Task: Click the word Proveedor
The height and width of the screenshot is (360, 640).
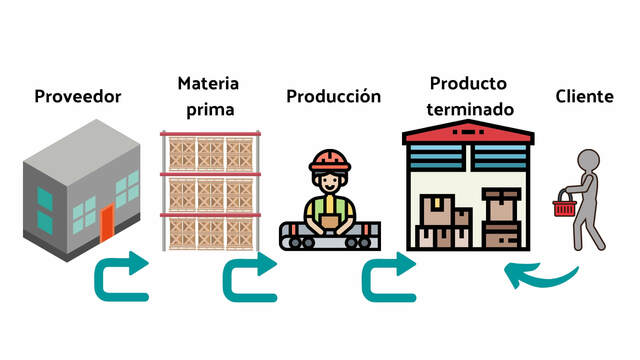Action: click(78, 97)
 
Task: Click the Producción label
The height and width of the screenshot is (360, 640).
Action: click(334, 96)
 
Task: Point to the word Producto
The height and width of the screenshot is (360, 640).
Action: click(468, 82)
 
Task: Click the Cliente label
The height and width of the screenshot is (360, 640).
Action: click(584, 96)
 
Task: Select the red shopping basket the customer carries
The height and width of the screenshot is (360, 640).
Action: click(565, 207)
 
